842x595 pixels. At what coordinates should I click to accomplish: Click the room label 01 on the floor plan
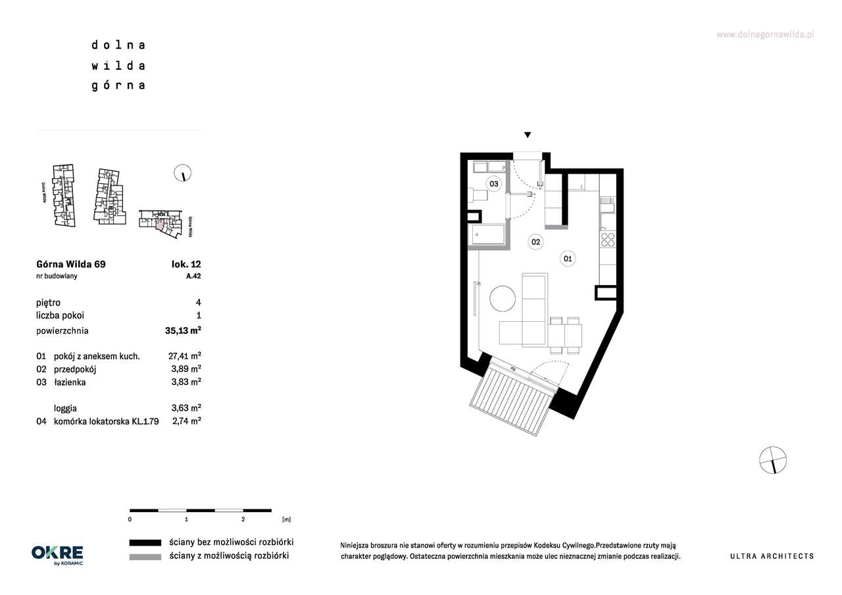pyautogui.click(x=567, y=259)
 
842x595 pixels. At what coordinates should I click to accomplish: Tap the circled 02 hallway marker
pyautogui.click(x=535, y=242)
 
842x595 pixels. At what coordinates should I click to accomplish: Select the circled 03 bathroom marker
pyautogui.click(x=493, y=184)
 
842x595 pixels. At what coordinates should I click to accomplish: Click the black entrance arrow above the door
pyautogui.click(x=528, y=135)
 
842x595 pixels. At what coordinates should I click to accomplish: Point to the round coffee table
pyautogui.click(x=503, y=298)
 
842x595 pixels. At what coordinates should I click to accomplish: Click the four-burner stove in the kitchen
pyautogui.click(x=607, y=240)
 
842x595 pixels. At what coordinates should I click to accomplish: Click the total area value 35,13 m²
pyautogui.click(x=183, y=330)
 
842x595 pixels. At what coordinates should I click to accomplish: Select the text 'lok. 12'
pyautogui.click(x=186, y=264)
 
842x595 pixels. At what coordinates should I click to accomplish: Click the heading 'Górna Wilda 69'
pyautogui.click(x=71, y=264)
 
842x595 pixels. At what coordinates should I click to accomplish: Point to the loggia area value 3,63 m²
pyautogui.click(x=186, y=407)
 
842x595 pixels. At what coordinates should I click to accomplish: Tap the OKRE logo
pyautogui.click(x=57, y=555)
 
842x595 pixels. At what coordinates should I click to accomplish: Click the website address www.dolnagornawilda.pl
pyautogui.click(x=765, y=35)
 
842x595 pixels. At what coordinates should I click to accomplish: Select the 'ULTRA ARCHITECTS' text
pyautogui.click(x=772, y=556)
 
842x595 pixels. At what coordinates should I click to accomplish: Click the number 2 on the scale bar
pyautogui.click(x=243, y=519)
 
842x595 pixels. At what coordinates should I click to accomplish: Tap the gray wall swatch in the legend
pyautogui.click(x=145, y=557)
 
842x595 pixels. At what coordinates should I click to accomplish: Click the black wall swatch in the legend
pyautogui.click(x=145, y=543)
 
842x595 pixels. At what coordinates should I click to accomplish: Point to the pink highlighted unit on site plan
pyautogui.click(x=160, y=224)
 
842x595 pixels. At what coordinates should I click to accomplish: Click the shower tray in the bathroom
pyautogui.click(x=488, y=234)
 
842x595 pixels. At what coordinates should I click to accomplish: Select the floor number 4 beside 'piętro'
pyautogui.click(x=198, y=302)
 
